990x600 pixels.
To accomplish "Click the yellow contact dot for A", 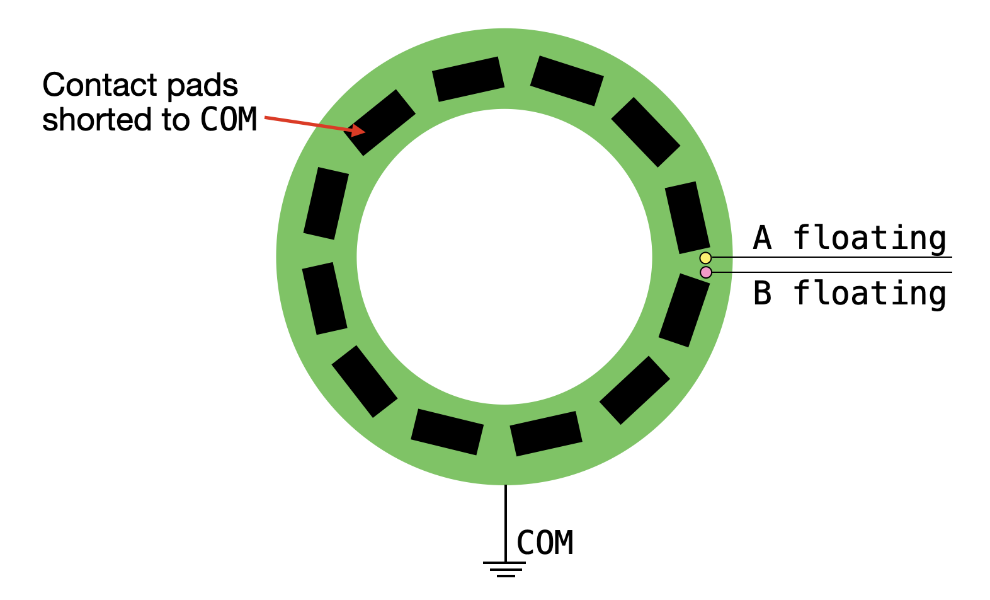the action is [705, 258].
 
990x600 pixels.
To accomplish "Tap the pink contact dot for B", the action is [706, 272].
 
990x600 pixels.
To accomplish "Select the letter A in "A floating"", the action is [763, 238].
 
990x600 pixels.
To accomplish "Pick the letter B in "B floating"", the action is [763, 293].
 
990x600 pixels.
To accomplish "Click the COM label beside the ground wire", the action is [545, 543].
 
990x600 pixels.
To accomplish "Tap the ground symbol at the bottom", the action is [504, 570].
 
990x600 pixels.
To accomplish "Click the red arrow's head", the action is [358, 130].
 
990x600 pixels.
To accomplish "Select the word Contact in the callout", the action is [100, 85].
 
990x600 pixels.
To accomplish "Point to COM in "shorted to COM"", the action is [229, 119].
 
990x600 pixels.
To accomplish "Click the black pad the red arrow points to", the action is [380, 122].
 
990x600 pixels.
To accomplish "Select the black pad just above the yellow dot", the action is [687, 217].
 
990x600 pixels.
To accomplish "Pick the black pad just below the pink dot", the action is [684, 310].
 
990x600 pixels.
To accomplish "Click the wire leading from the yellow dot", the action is [832, 257].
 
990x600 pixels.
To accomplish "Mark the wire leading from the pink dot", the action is [832, 272].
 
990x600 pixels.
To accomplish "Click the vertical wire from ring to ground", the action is [506, 524].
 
